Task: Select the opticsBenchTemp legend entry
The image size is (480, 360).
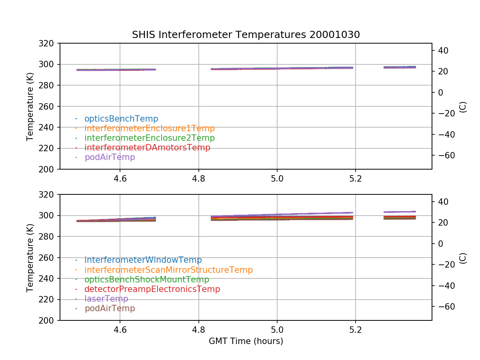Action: tap(121, 119)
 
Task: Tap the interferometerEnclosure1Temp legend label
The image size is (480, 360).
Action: tap(150, 128)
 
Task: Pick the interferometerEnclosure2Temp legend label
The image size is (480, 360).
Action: tap(150, 138)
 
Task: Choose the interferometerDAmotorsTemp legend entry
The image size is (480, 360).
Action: tap(147, 148)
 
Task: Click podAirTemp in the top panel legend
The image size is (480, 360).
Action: tap(110, 157)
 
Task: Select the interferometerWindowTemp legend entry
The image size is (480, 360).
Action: tap(143, 260)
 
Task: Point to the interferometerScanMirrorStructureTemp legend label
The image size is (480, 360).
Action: tap(168, 270)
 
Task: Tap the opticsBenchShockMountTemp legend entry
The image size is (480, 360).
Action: tap(147, 280)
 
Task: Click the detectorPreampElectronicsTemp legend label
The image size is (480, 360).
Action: tap(152, 289)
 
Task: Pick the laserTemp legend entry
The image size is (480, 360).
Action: tap(106, 299)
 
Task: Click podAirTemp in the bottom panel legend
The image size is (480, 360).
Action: tap(110, 308)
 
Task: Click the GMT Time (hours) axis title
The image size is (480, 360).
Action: tap(246, 341)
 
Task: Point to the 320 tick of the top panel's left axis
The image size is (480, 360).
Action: tap(49, 43)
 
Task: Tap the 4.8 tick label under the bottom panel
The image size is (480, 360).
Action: tap(198, 330)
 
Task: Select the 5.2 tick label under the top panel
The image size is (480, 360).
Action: tap(355, 179)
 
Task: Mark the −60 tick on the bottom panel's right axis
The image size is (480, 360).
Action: tap(444, 306)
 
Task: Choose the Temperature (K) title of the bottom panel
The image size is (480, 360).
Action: tap(30, 257)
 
